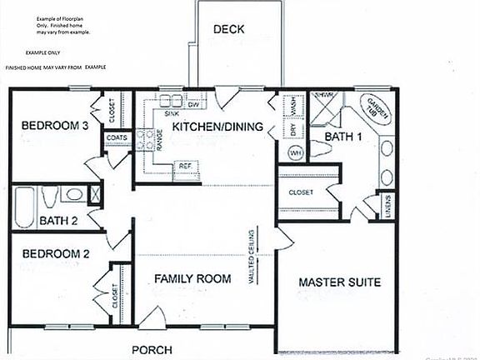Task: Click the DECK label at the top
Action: pos(228,30)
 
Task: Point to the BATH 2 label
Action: pos(58,221)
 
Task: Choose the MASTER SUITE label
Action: pos(340,282)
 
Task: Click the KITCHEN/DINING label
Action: pos(217,127)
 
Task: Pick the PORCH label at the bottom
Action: pos(152,350)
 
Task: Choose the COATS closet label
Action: pos(116,137)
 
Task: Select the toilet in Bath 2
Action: pos(49,197)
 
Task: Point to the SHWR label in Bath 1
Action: pos(324,97)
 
